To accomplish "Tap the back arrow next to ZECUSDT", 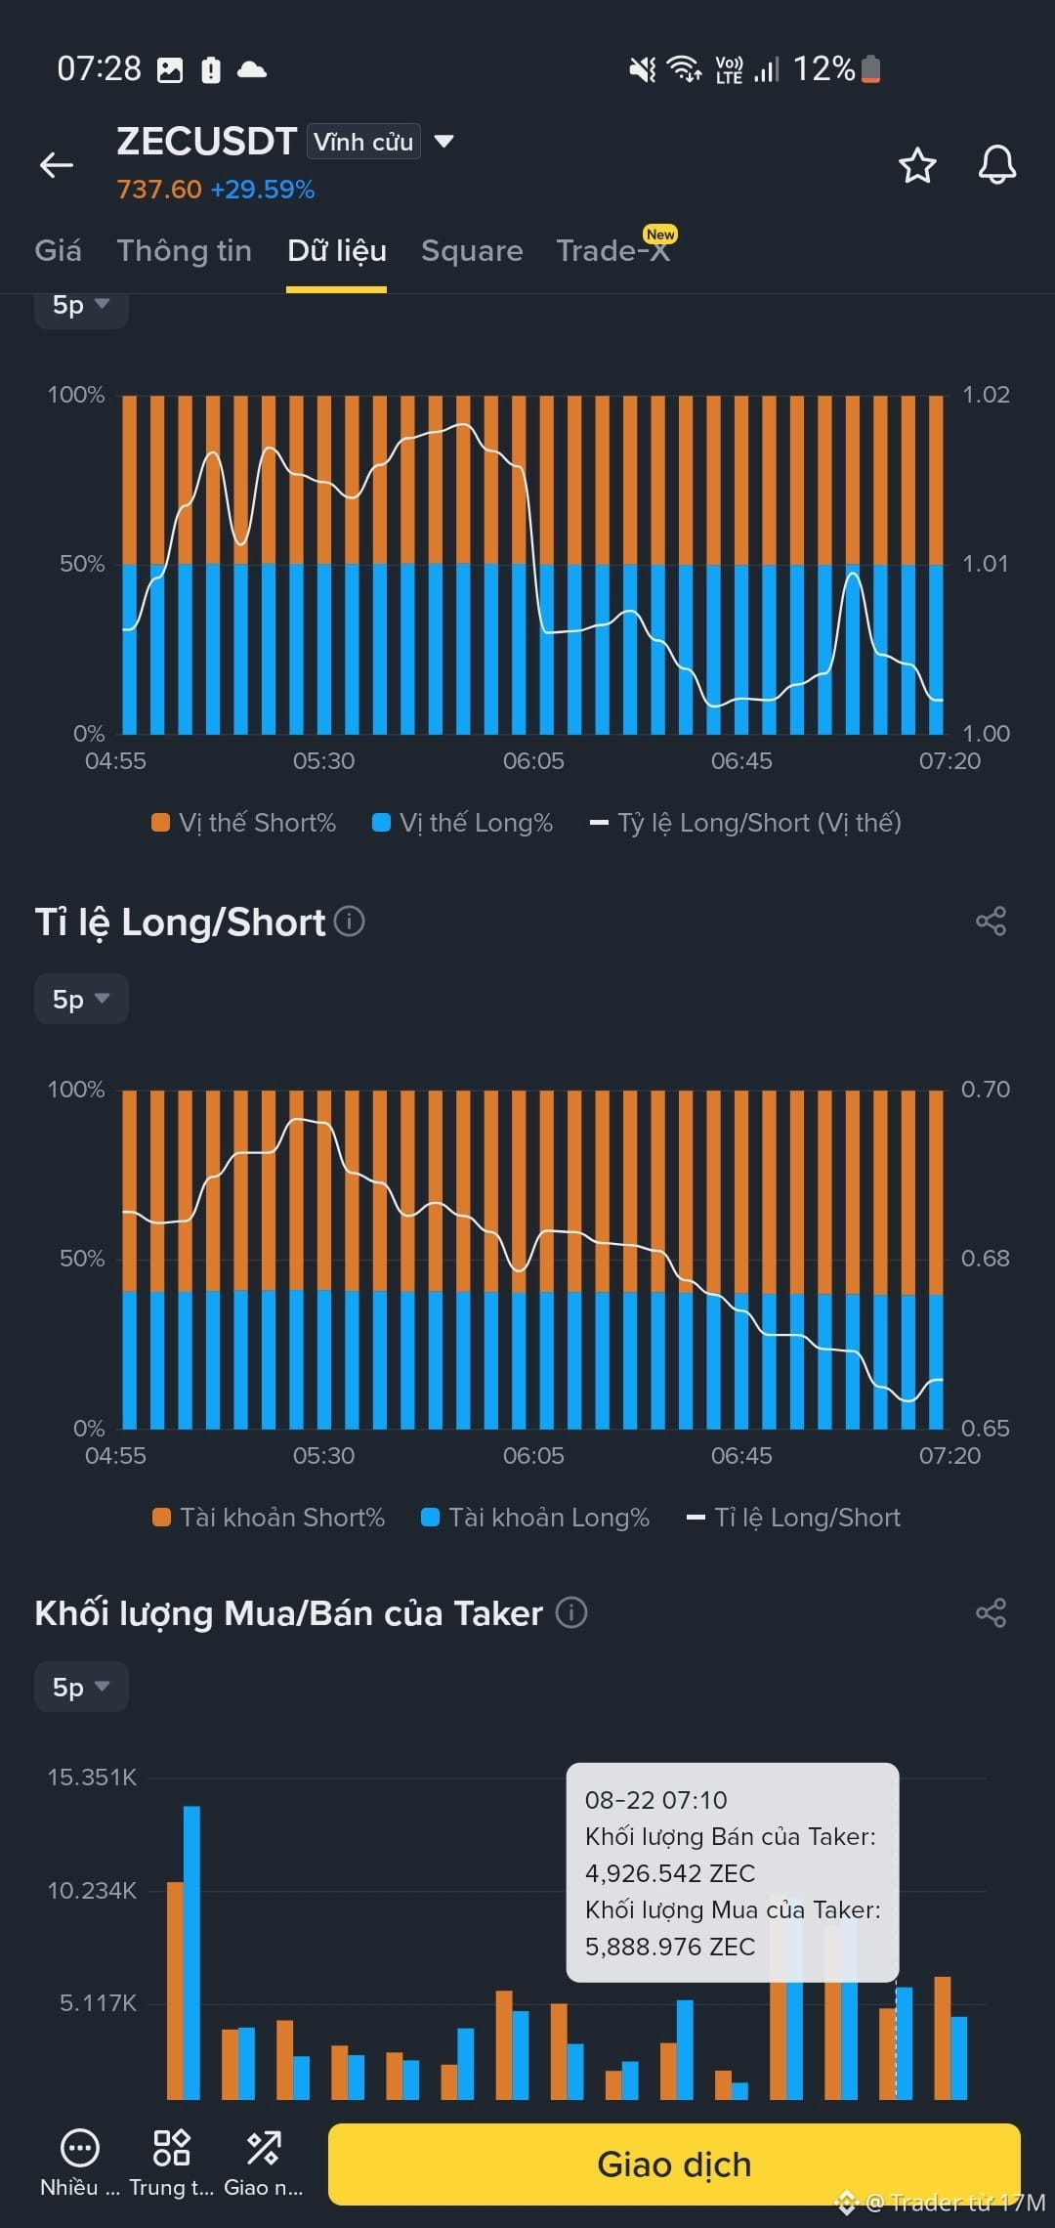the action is click(x=57, y=165).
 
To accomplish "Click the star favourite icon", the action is click(x=917, y=165).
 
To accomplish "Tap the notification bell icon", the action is click(x=997, y=164).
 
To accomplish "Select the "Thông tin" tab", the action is click(x=185, y=251).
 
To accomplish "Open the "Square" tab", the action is click(x=472, y=251).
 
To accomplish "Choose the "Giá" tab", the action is click(x=58, y=251).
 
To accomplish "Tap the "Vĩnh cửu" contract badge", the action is click(x=363, y=142).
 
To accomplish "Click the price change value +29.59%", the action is click(x=263, y=190).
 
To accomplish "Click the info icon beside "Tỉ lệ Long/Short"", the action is click(x=350, y=921).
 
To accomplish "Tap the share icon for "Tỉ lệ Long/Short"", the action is click(x=991, y=921).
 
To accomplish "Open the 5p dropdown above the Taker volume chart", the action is click(x=81, y=1687).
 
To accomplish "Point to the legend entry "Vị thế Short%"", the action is click(x=244, y=823).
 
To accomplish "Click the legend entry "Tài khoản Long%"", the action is click(x=535, y=1518).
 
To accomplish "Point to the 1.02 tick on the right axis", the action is click(x=986, y=395).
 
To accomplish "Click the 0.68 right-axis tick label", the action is click(x=986, y=1259).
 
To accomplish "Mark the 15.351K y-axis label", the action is click(x=93, y=1778).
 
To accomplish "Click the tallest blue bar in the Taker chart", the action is click(x=191, y=1952).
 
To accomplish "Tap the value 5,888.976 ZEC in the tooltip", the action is click(x=670, y=1947).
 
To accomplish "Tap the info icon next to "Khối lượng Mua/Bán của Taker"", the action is click(x=571, y=1612).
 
